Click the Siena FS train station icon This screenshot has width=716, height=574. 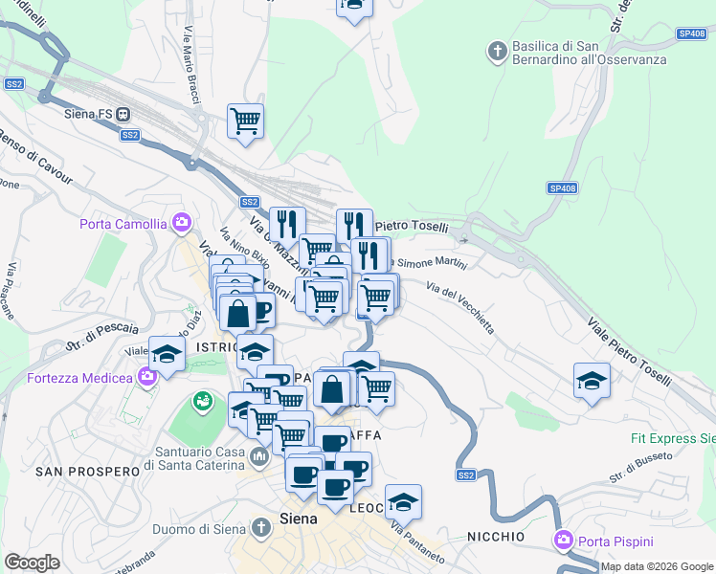coord(123,114)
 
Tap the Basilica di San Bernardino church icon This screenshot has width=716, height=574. coord(497,50)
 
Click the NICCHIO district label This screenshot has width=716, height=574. coord(496,536)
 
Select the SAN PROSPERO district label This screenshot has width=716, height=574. coord(74,472)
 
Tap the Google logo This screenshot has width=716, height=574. coord(33,562)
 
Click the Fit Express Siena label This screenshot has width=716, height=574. coord(672,439)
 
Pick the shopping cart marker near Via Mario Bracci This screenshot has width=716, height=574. coord(246,121)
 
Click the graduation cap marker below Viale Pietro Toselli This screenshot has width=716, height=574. coord(592,382)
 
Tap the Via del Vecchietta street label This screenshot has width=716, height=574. coord(460,307)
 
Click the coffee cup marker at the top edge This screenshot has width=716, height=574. coord(354,6)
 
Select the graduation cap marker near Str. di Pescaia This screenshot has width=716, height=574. coord(167,355)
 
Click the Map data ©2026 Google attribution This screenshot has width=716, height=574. coord(658,566)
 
